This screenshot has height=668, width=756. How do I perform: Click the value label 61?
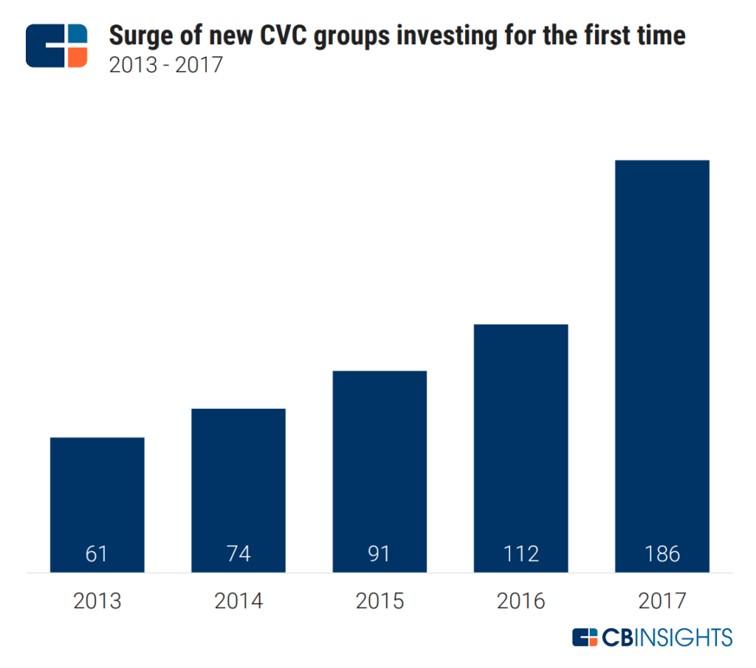(x=97, y=554)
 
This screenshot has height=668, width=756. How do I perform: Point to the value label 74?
(x=238, y=554)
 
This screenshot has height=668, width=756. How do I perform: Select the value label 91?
(x=379, y=554)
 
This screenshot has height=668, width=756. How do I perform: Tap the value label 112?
(x=520, y=554)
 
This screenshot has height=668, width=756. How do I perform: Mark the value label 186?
(x=661, y=554)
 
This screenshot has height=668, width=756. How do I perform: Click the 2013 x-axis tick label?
(x=97, y=601)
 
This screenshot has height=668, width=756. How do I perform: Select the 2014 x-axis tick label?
(x=238, y=601)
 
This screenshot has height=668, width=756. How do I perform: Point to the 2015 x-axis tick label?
(x=379, y=601)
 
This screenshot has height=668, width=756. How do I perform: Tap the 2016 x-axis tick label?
(x=520, y=601)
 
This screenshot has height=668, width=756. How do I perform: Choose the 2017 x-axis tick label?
(x=661, y=601)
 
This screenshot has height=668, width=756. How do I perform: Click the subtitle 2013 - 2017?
(x=165, y=65)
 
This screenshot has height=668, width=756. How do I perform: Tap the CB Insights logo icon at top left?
(x=57, y=46)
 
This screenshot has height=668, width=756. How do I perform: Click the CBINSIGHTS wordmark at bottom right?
(x=652, y=637)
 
